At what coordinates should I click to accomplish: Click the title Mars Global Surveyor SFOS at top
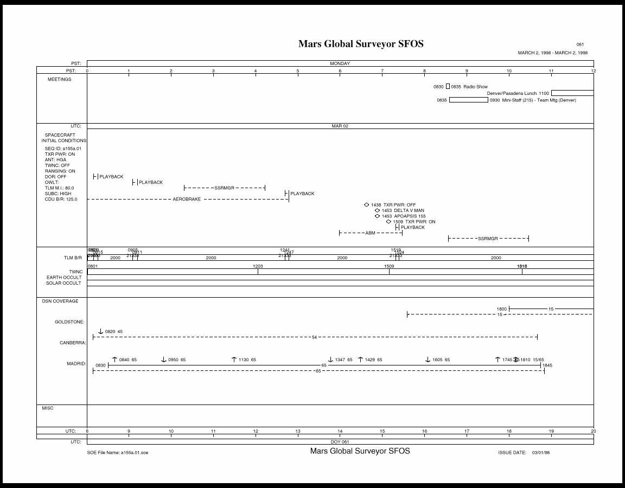[361, 44]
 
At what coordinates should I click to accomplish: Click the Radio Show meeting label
[475, 87]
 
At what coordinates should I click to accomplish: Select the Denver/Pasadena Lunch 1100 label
[518, 93]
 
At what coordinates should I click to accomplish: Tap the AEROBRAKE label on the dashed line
[187, 200]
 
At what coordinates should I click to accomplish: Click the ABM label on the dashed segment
[370, 233]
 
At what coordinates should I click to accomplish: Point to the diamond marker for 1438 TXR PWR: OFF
[367, 205]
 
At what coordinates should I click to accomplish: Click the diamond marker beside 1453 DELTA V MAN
[378, 210]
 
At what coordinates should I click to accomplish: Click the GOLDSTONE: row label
[69, 322]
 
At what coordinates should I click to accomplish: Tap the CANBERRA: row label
[73, 343]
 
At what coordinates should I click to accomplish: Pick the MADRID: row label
[76, 363]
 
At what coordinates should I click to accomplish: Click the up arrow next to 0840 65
[114, 359]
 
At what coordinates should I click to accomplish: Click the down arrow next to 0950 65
[164, 359]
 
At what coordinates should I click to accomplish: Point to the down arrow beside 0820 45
[100, 331]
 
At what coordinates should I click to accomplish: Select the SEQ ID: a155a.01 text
[63, 149]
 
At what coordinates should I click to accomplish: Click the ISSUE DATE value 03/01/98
[541, 452]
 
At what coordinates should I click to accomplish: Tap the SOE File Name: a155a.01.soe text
[118, 452]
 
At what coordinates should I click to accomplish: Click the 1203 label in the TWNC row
[258, 266]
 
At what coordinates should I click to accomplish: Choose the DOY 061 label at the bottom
[340, 441]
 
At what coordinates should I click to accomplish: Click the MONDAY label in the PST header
[340, 63]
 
